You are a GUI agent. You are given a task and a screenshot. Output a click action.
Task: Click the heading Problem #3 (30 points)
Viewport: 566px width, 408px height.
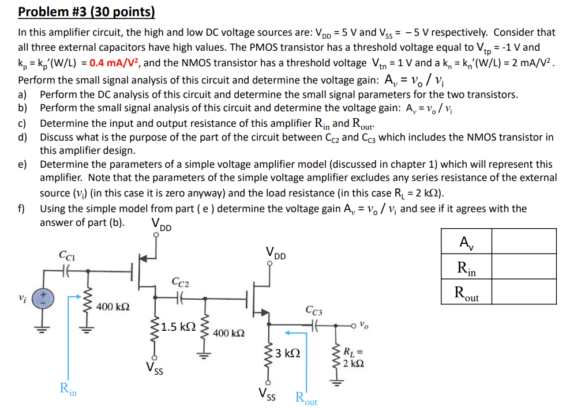coord(87,12)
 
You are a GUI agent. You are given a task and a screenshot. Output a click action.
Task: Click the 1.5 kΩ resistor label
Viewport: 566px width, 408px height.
coord(179,327)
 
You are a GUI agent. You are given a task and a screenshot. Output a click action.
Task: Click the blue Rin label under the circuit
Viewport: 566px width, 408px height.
coord(68,389)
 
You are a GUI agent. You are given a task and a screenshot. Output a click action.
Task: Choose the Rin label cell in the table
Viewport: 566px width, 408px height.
coord(466,267)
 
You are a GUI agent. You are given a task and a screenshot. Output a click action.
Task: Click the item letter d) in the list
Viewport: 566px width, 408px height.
coord(23,137)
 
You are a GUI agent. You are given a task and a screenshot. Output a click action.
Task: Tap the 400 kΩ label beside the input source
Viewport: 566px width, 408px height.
coord(113,306)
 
